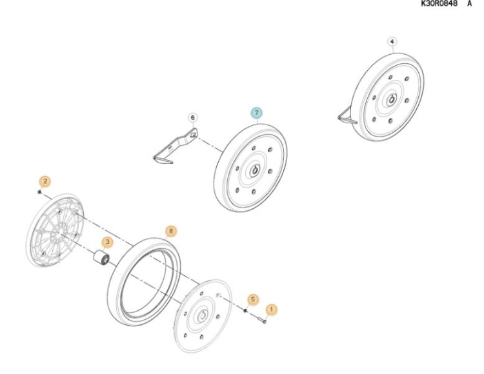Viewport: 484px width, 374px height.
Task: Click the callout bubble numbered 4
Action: click(392, 42)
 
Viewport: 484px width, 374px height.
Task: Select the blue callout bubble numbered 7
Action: click(256, 113)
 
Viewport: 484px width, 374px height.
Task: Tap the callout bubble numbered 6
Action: click(192, 117)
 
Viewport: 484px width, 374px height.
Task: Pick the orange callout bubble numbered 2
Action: click(45, 181)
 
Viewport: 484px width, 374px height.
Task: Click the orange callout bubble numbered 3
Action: click(107, 242)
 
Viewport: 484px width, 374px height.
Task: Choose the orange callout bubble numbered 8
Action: click(171, 231)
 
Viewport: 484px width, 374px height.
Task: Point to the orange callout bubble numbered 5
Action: click(253, 299)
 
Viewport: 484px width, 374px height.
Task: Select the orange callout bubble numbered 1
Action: click(271, 310)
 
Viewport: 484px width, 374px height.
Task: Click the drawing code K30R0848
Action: click(439, 3)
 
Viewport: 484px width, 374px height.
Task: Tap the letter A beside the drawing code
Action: click(469, 3)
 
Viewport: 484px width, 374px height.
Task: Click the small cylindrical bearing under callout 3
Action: click(101, 257)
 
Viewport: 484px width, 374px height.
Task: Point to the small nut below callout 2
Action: click(39, 192)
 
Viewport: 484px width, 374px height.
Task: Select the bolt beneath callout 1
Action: click(262, 320)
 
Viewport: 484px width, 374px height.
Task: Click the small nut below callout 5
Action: click(245, 310)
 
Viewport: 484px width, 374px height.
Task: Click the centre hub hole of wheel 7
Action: click(256, 170)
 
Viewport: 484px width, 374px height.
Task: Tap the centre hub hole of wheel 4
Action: click(392, 99)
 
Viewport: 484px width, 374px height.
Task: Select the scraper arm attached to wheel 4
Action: click(347, 116)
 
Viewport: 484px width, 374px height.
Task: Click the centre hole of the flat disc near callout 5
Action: click(203, 315)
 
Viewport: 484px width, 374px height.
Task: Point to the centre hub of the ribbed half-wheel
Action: click(58, 232)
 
